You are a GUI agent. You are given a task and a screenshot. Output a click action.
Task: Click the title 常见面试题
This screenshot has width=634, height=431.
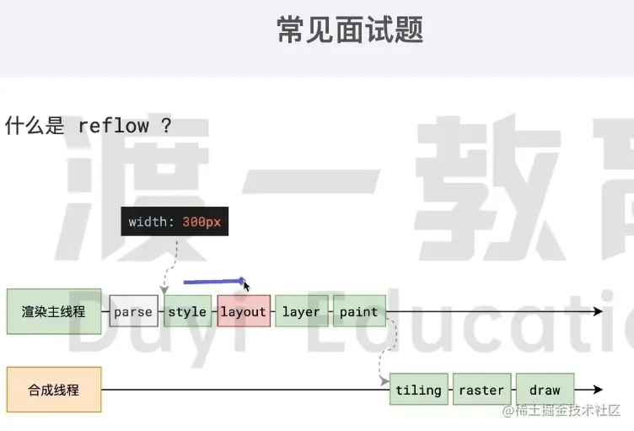(x=350, y=30)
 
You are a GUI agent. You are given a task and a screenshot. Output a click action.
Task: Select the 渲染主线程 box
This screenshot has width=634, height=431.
(x=53, y=311)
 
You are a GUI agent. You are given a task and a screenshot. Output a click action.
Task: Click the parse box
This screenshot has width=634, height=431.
(x=133, y=312)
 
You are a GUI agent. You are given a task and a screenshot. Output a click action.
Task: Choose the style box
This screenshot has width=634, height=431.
(x=187, y=312)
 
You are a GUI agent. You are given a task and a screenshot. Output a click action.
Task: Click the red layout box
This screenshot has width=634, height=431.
(x=244, y=312)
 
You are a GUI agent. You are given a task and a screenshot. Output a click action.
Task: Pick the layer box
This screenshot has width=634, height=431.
(x=301, y=312)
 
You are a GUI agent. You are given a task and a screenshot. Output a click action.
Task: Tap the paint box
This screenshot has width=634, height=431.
(x=359, y=312)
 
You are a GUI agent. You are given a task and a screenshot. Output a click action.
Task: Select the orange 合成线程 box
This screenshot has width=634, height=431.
(x=53, y=390)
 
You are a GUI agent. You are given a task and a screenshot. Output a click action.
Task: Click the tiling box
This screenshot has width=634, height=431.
(x=418, y=391)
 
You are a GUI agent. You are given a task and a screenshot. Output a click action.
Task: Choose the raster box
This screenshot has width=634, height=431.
(x=481, y=391)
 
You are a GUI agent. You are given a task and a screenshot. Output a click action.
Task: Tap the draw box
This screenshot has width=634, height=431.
(x=545, y=391)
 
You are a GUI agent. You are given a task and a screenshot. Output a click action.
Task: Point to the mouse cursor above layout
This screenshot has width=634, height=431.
(x=245, y=285)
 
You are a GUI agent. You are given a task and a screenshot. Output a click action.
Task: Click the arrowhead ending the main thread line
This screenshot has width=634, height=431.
(x=599, y=312)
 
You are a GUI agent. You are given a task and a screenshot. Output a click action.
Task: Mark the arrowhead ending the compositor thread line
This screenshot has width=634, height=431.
(x=599, y=391)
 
